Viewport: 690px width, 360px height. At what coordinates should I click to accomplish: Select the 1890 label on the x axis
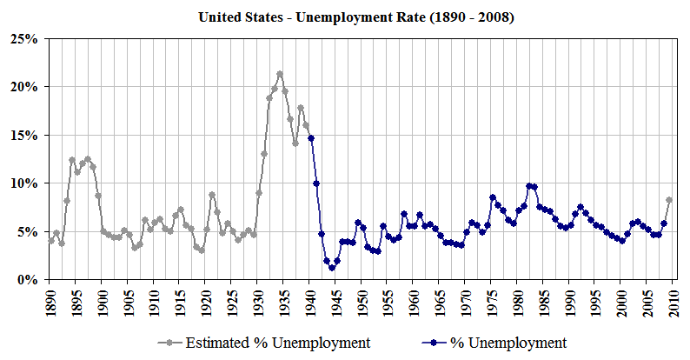(50, 300)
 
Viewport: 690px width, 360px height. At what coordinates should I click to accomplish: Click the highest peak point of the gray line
(280, 74)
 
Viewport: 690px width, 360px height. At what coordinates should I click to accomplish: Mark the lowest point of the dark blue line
(332, 268)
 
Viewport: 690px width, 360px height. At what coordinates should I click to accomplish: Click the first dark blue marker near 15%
(311, 138)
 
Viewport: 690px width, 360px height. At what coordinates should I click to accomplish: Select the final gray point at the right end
(669, 200)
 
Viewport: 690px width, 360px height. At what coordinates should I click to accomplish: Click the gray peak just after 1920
(212, 195)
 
